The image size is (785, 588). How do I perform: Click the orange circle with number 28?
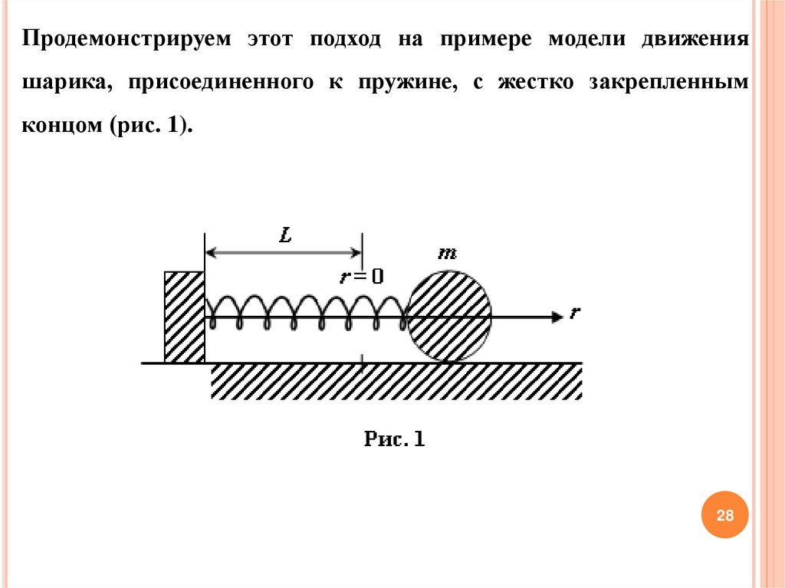point(724,515)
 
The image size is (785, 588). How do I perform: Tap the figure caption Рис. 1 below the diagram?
point(394,439)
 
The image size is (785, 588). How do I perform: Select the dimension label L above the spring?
point(285,236)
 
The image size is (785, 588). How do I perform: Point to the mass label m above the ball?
point(445,253)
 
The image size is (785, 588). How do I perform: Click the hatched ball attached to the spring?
point(448,315)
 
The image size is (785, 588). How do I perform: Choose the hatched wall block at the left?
point(184,316)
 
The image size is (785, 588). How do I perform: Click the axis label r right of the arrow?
point(574,313)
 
